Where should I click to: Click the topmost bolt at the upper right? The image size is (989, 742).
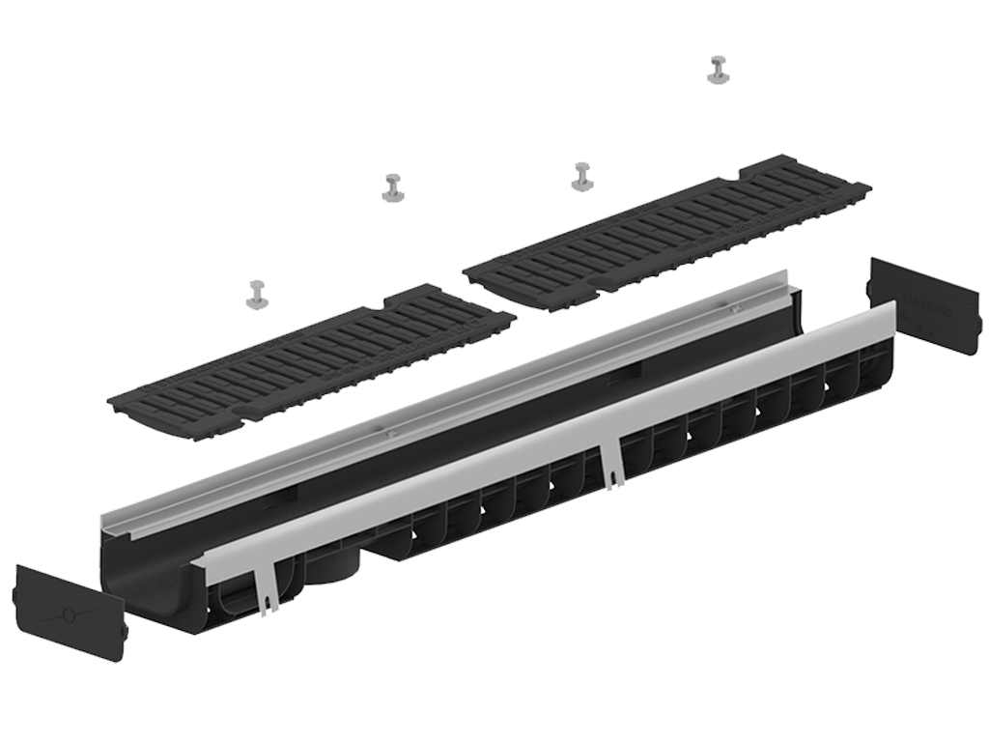[718, 71]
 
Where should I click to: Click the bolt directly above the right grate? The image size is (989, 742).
[582, 177]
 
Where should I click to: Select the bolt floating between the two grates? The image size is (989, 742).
[393, 188]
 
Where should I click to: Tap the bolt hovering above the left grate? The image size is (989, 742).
[257, 296]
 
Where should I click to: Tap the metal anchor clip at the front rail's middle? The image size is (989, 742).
[612, 463]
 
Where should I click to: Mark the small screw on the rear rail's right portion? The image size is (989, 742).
[734, 308]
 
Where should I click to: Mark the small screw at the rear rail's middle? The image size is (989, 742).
[391, 434]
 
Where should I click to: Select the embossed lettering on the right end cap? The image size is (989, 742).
[926, 289]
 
